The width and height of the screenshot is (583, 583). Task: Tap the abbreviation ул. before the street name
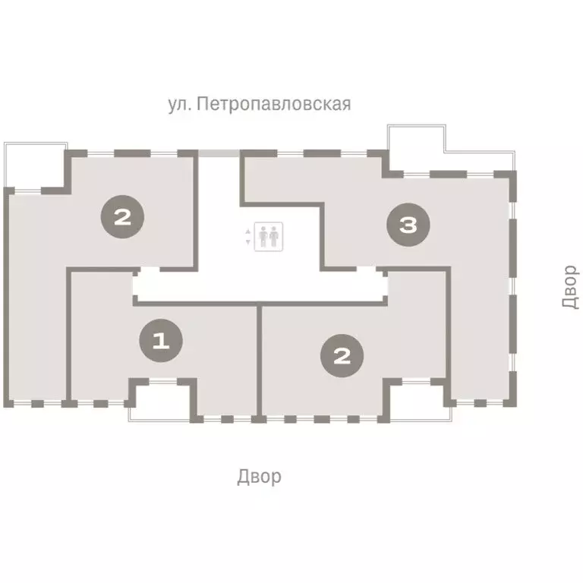click(x=179, y=104)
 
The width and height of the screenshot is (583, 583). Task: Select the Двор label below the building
click(x=259, y=477)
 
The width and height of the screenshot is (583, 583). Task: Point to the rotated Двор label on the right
click(x=570, y=286)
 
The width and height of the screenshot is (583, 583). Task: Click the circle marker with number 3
click(x=408, y=225)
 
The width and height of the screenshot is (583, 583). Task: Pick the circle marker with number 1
click(x=160, y=341)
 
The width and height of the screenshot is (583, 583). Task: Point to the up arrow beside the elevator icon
click(x=248, y=231)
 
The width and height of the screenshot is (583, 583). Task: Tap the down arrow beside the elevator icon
click(x=248, y=242)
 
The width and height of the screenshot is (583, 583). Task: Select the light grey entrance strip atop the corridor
click(x=219, y=153)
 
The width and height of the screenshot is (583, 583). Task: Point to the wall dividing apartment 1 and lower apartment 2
click(x=259, y=361)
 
